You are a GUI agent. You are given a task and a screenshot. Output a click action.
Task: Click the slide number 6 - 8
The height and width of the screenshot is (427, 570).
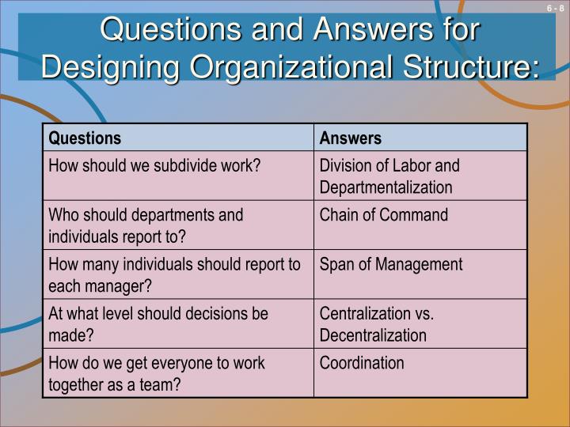[x=553, y=9]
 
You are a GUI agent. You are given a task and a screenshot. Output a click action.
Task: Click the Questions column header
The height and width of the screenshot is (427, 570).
[x=85, y=138]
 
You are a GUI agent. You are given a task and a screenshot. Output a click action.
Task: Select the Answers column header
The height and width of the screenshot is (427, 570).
[x=351, y=138]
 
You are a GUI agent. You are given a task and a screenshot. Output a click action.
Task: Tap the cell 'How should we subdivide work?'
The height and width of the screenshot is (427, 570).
[x=155, y=166]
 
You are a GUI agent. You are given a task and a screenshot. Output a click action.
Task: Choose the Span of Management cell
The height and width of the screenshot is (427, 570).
[x=391, y=265]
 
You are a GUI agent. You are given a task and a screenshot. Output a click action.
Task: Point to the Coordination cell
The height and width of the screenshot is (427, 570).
[x=362, y=364]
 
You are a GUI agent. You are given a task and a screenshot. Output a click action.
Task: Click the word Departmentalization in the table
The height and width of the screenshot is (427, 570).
[x=386, y=187]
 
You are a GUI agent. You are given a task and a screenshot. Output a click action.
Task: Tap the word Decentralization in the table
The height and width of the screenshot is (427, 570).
[x=373, y=335]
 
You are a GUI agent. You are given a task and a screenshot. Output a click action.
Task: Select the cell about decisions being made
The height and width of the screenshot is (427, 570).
[x=158, y=324]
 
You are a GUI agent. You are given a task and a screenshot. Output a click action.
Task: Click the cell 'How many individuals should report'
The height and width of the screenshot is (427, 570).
[x=174, y=274]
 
